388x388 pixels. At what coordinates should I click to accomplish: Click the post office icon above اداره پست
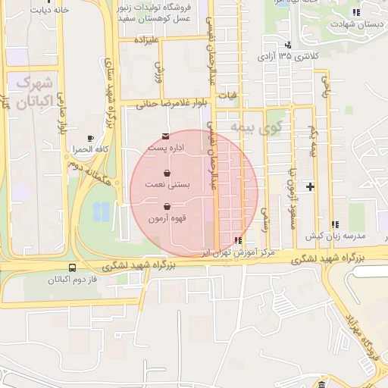[x=166, y=136]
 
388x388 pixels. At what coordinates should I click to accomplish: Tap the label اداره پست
[x=166, y=149]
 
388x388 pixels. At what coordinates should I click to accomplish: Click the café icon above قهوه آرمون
[x=167, y=206]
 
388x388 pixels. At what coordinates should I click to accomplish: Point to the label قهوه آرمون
[x=167, y=218]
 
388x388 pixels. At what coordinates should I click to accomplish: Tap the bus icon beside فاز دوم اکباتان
[x=72, y=268]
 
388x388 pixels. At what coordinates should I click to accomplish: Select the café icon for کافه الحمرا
[x=91, y=138]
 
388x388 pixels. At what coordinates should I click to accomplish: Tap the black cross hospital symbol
[x=310, y=186]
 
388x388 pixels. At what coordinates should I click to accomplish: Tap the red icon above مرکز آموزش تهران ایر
[x=239, y=240]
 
